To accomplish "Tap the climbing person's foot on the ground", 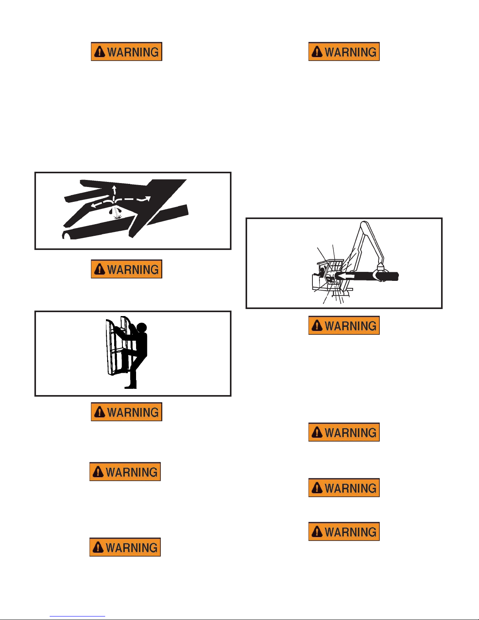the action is (x=131, y=386).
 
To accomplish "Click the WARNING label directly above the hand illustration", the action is (x=127, y=52).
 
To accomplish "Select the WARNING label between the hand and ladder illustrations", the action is (x=127, y=269).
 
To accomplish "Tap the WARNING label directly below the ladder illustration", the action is (x=127, y=412).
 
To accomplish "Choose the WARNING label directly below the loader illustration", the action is (x=344, y=325).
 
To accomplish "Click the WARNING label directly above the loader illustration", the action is (x=344, y=52).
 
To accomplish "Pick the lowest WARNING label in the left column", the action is (x=125, y=547).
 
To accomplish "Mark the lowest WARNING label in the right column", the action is (x=344, y=532).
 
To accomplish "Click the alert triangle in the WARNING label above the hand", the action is (x=100, y=52).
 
